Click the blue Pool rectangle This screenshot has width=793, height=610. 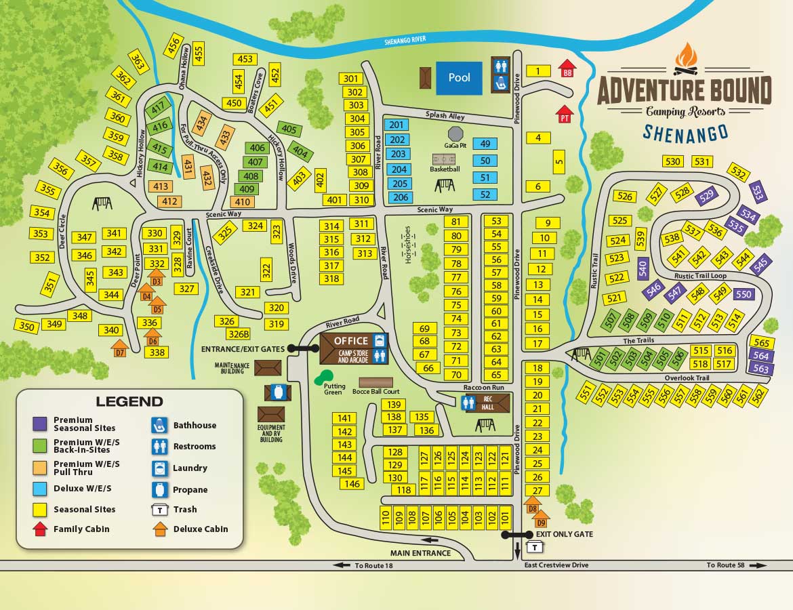(459, 78)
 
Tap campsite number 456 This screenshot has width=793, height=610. (174, 47)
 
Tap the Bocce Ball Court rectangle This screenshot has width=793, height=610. (375, 382)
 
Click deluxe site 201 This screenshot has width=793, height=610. (396, 125)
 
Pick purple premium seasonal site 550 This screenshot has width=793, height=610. (743, 294)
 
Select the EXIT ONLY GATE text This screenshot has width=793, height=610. (564, 534)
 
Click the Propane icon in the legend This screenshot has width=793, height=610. (161, 489)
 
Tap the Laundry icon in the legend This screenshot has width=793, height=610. (161, 468)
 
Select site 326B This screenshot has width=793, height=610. (239, 334)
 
